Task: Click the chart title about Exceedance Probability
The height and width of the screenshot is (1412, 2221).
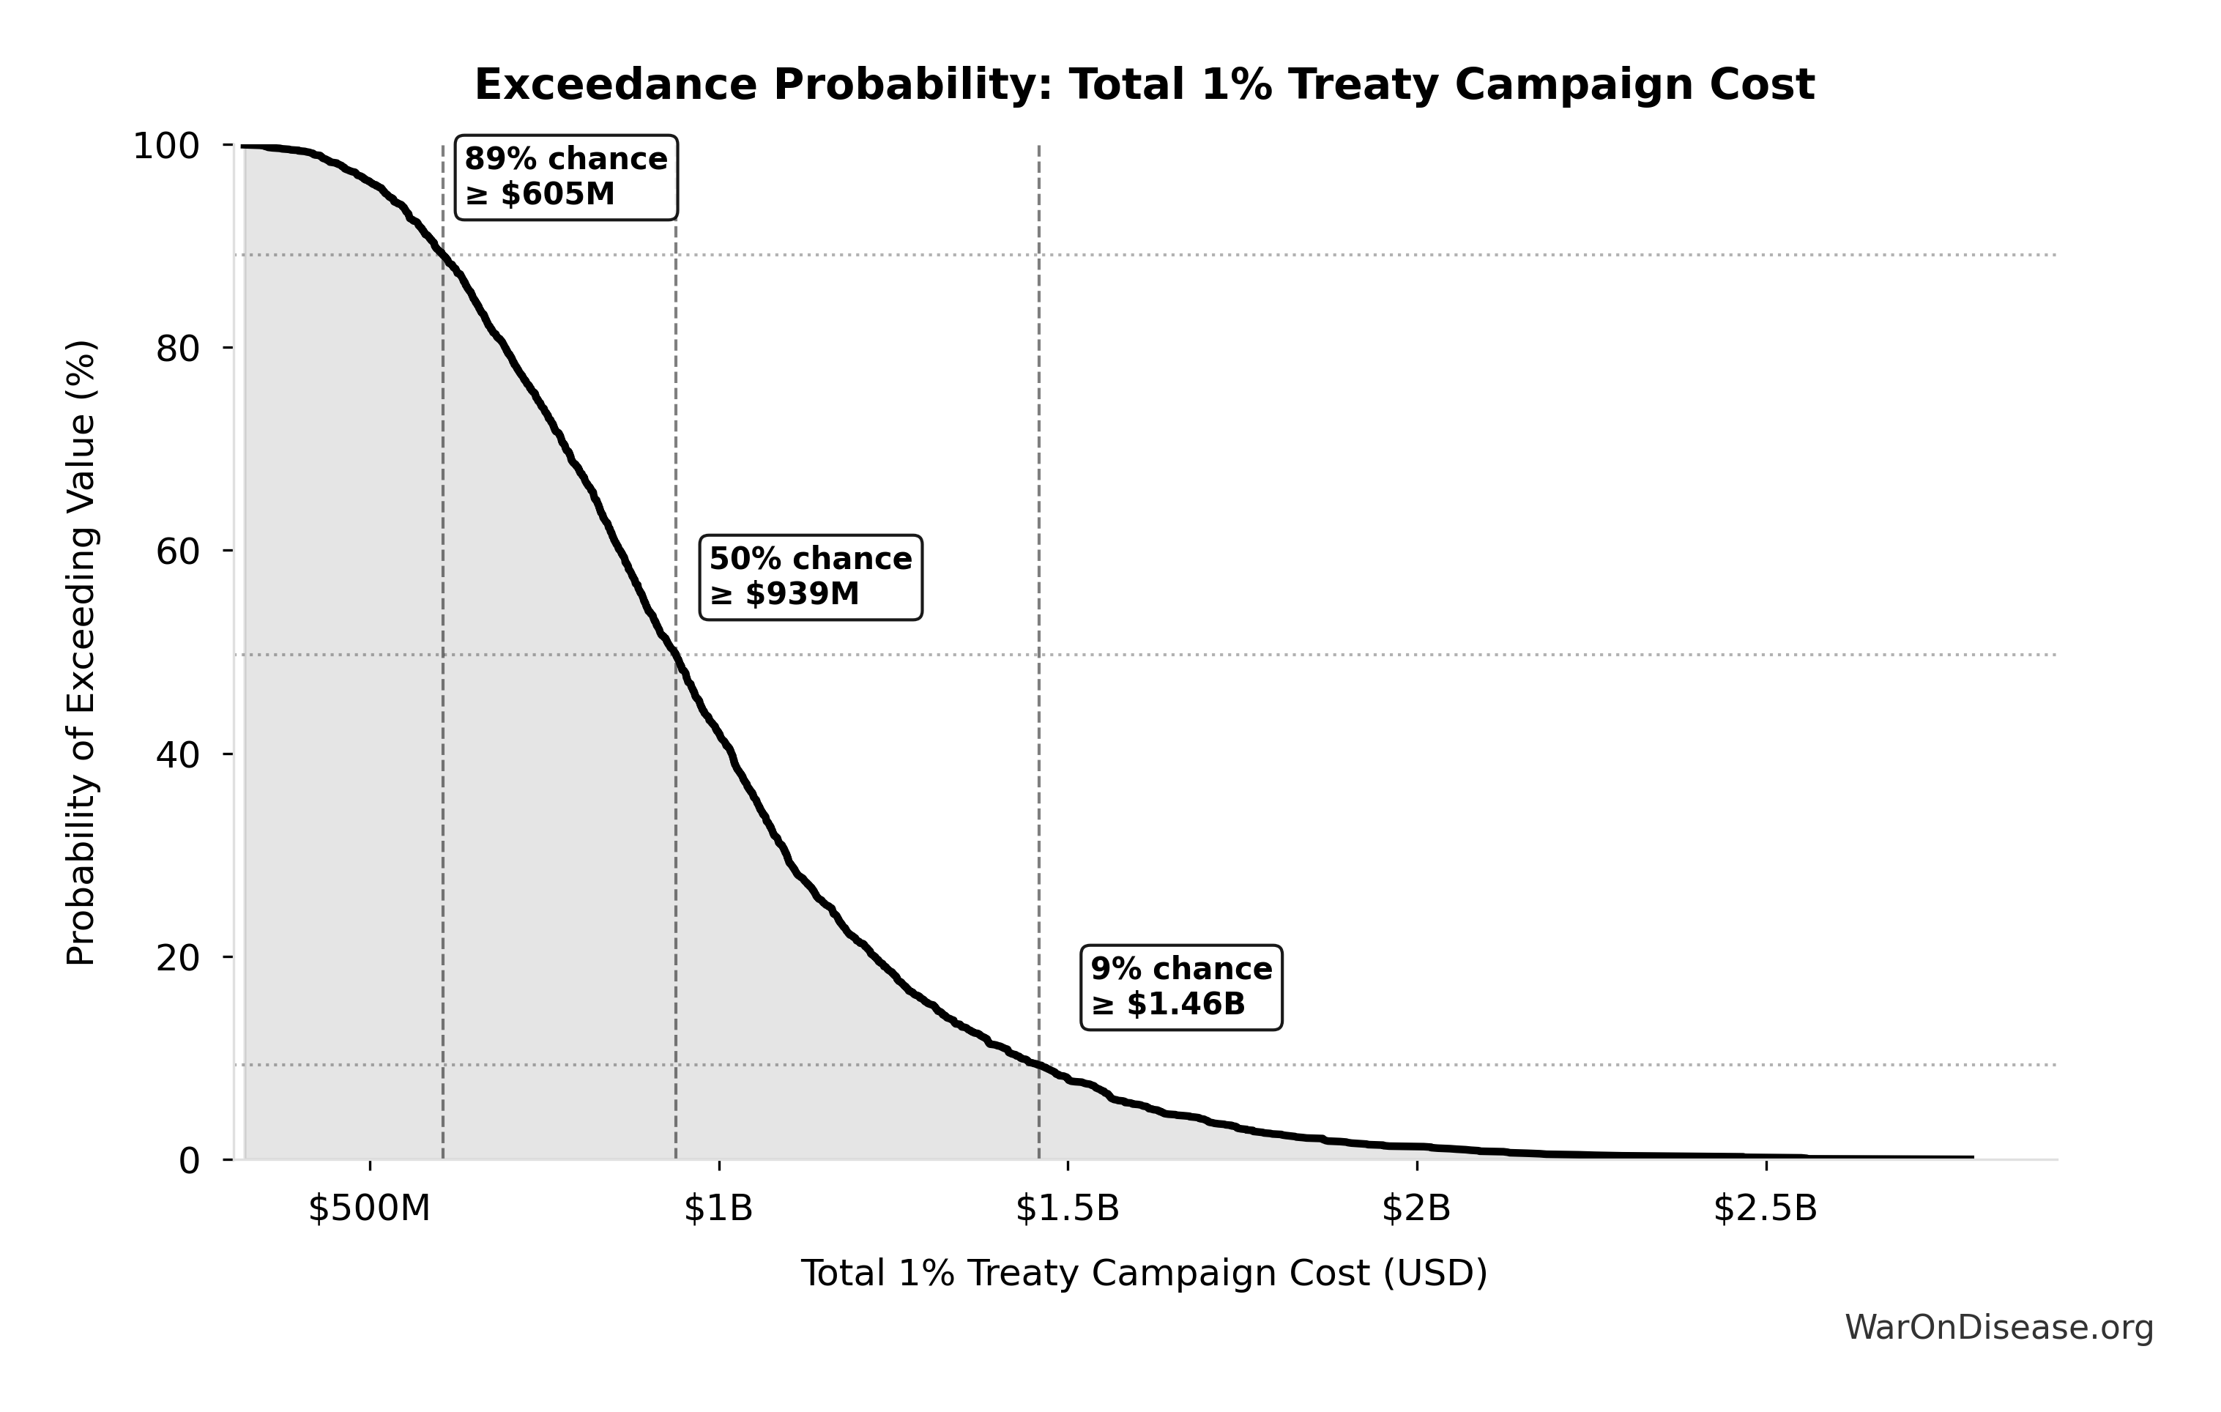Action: tap(1144, 85)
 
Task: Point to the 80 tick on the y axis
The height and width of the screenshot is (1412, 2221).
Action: tap(178, 349)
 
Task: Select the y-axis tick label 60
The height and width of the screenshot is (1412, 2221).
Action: tap(178, 551)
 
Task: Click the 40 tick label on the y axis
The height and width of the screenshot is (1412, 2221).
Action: tap(178, 754)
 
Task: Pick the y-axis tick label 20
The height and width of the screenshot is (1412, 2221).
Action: tap(178, 957)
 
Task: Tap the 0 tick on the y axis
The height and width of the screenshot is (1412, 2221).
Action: tap(189, 1160)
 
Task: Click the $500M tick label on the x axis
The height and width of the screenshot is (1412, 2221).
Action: tap(370, 1208)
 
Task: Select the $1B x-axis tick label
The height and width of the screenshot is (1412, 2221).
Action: tap(718, 1208)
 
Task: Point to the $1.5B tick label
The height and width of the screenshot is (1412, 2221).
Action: tap(1067, 1208)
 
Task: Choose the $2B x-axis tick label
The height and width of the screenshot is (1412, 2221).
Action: tap(1415, 1208)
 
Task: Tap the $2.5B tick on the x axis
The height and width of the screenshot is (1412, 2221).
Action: tap(1766, 1208)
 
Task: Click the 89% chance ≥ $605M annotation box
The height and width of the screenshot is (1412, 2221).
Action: tap(566, 177)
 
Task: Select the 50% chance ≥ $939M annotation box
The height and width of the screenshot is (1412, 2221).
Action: tap(811, 576)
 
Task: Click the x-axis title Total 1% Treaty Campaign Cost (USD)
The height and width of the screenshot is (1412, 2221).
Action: tap(1144, 1274)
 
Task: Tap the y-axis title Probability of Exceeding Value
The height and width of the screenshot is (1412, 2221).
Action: tap(81, 653)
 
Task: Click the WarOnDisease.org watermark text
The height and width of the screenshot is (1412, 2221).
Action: tap(1998, 1328)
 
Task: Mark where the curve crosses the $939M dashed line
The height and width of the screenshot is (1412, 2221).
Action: tap(676, 655)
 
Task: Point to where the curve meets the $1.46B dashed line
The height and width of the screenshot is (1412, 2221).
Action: tap(1040, 1066)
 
